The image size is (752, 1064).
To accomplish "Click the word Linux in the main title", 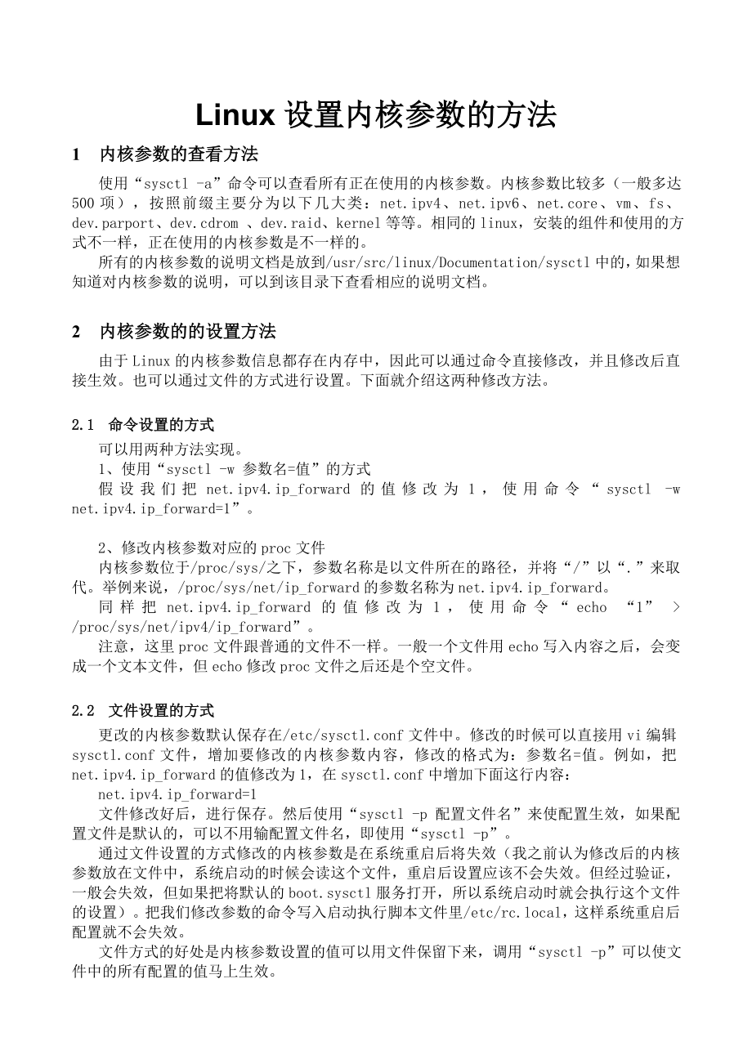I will coord(235,116).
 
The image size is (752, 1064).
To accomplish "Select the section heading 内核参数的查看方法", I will coord(179,154).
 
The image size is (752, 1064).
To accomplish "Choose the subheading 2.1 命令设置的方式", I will coord(143,425).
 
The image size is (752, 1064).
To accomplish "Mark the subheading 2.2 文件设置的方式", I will coord(143,711).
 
